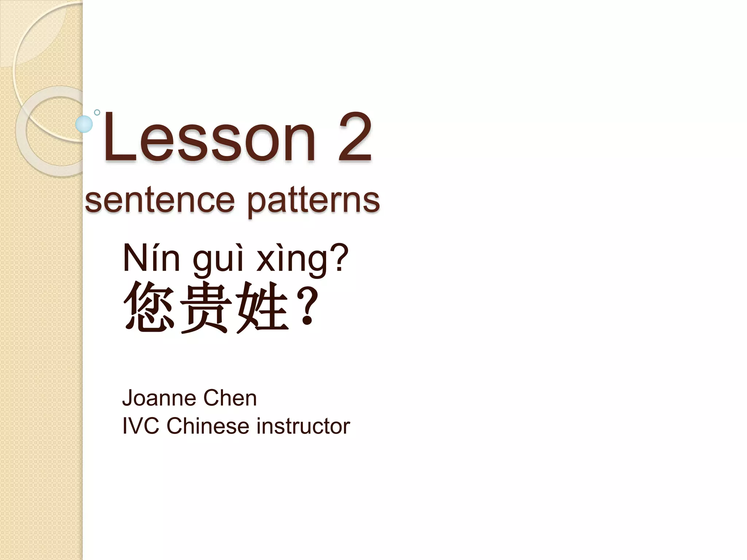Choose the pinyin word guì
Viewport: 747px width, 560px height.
[x=218, y=260]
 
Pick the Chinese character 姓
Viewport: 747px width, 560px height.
[x=263, y=307]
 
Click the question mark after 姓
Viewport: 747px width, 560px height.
[x=307, y=306]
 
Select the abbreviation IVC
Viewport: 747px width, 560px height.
[x=141, y=426]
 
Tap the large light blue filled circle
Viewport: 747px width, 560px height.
[x=84, y=124]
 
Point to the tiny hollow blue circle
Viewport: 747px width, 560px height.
[x=97, y=112]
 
